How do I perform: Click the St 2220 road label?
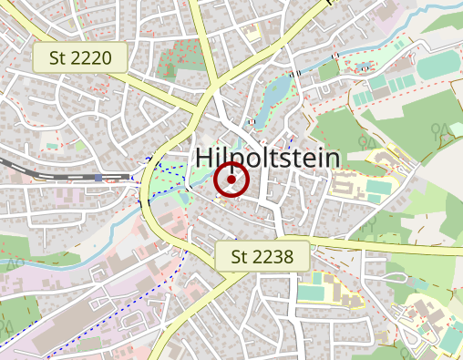(x=80, y=59)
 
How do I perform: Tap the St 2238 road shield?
(x=262, y=257)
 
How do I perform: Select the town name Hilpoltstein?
(x=267, y=159)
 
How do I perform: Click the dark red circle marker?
(x=231, y=180)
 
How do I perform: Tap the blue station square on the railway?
(x=98, y=179)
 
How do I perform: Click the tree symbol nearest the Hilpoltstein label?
(x=369, y=142)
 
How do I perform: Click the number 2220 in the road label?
(x=91, y=59)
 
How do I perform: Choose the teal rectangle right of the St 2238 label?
(x=310, y=292)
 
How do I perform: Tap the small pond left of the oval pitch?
(x=365, y=67)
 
